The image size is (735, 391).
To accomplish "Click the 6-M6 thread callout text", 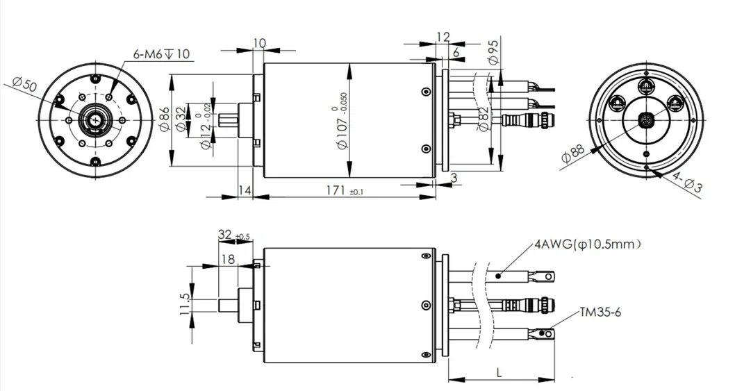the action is tap(162, 54).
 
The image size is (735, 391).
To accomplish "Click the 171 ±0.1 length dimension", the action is tap(344, 190).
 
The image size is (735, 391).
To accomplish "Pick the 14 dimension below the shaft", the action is tap(245, 190).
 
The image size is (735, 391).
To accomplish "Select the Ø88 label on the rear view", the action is tap(573, 153).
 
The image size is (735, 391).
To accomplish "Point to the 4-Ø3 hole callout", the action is tap(688, 182).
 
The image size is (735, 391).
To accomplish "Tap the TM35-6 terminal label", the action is tap(600, 312).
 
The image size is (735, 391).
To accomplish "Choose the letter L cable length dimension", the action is tap(499, 373).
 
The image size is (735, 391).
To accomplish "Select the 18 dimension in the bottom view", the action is tap(228, 259).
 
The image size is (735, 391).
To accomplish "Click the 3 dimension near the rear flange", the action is tap(453, 178).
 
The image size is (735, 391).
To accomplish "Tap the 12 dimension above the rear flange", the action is tap(443, 37).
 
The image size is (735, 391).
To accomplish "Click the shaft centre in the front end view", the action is tap(96, 120).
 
